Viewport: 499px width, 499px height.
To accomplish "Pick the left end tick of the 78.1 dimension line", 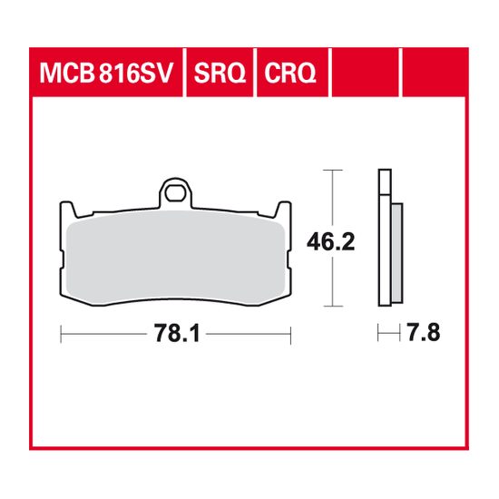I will click(x=60, y=335).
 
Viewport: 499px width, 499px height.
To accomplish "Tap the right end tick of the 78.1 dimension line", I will click(x=289, y=335).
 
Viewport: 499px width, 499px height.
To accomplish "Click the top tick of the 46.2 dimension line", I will click(x=337, y=170).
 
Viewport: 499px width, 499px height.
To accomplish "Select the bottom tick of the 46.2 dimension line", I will click(x=337, y=308).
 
